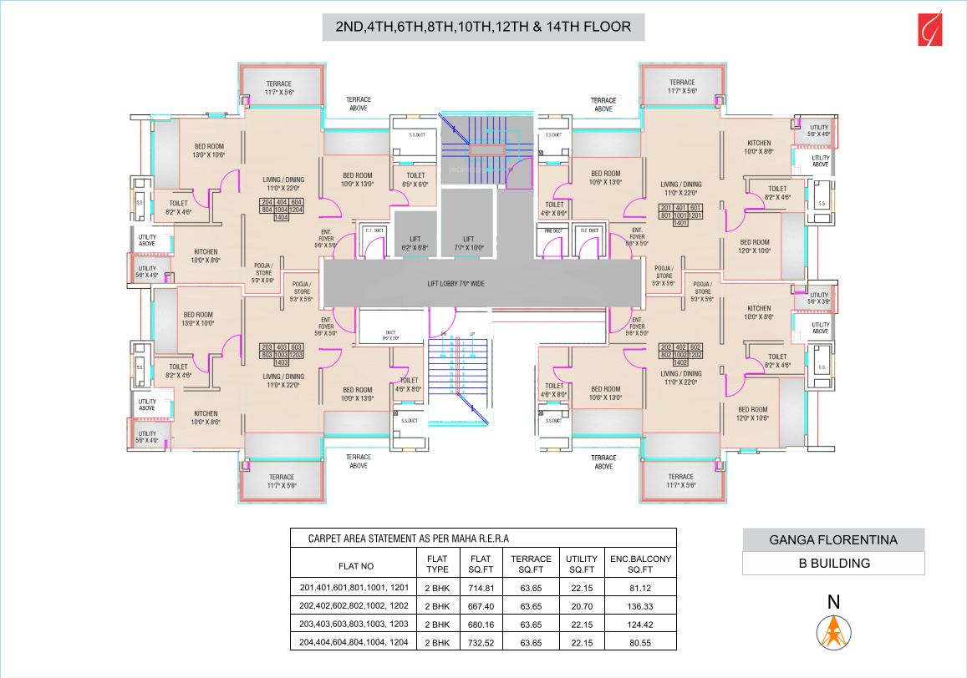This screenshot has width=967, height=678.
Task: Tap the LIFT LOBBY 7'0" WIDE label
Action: [456, 284]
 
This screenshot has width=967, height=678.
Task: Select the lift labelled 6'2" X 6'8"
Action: [415, 243]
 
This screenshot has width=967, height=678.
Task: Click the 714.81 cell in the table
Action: [480, 587]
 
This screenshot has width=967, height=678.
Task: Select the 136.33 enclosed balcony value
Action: [641, 605]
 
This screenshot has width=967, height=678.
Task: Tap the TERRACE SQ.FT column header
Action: [531, 564]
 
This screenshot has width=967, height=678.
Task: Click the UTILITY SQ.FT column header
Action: [582, 564]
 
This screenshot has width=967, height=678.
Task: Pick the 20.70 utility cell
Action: [582, 605]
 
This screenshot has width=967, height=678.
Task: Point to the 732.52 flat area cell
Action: [480, 643]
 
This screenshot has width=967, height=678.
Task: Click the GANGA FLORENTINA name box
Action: [833, 540]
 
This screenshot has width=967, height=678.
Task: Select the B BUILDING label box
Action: [833, 563]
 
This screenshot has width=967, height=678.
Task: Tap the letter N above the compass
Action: [833, 601]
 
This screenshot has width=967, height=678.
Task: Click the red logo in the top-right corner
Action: [928, 27]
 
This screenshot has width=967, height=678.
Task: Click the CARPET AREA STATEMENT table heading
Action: [409, 539]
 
